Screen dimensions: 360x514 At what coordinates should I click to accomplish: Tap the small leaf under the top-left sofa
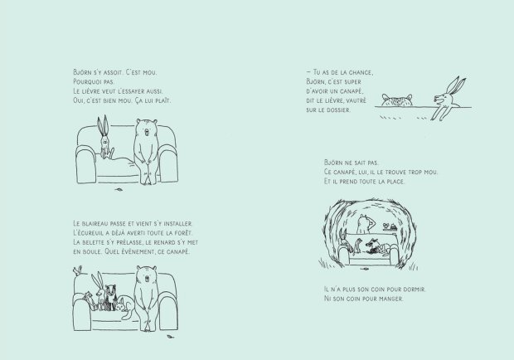pyautogui.click(x=122, y=192)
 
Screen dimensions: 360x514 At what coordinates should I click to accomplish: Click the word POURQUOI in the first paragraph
pyautogui.click(x=79, y=82)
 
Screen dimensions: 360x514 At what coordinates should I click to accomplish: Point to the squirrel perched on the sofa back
pyautogui.click(x=77, y=269)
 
